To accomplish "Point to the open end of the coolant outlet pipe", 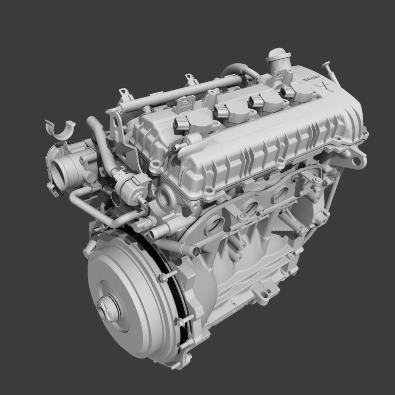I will pos(195,251).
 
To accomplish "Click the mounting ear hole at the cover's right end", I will pos(357,161).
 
